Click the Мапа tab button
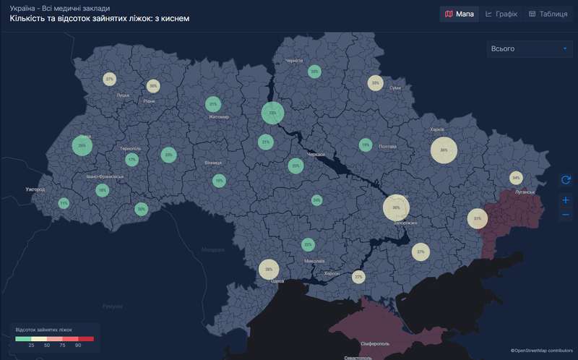[x=459, y=14]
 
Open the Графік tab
[x=501, y=14]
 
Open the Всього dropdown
[x=529, y=49]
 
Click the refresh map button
[x=566, y=179]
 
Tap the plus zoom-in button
[x=566, y=200]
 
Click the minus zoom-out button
[x=566, y=215]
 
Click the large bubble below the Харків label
[x=444, y=150]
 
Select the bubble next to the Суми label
[x=375, y=83]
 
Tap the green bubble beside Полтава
[x=365, y=145]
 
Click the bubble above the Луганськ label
[x=516, y=177]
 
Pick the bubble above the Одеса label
[x=269, y=269]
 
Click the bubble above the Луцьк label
[x=109, y=79]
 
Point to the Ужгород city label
[x=35, y=189]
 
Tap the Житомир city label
[x=218, y=117]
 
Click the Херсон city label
[x=332, y=274]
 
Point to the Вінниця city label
[x=212, y=163]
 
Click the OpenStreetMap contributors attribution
[x=542, y=351]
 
